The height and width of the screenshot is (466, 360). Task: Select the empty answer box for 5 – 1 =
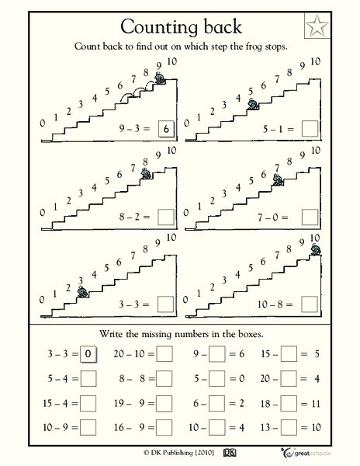(x=310, y=128)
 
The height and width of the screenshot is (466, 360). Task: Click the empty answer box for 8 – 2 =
(x=165, y=217)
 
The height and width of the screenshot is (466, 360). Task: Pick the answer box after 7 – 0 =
(x=310, y=217)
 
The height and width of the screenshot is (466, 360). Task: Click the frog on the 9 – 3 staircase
(x=160, y=78)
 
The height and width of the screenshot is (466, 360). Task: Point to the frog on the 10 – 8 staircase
(x=315, y=249)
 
